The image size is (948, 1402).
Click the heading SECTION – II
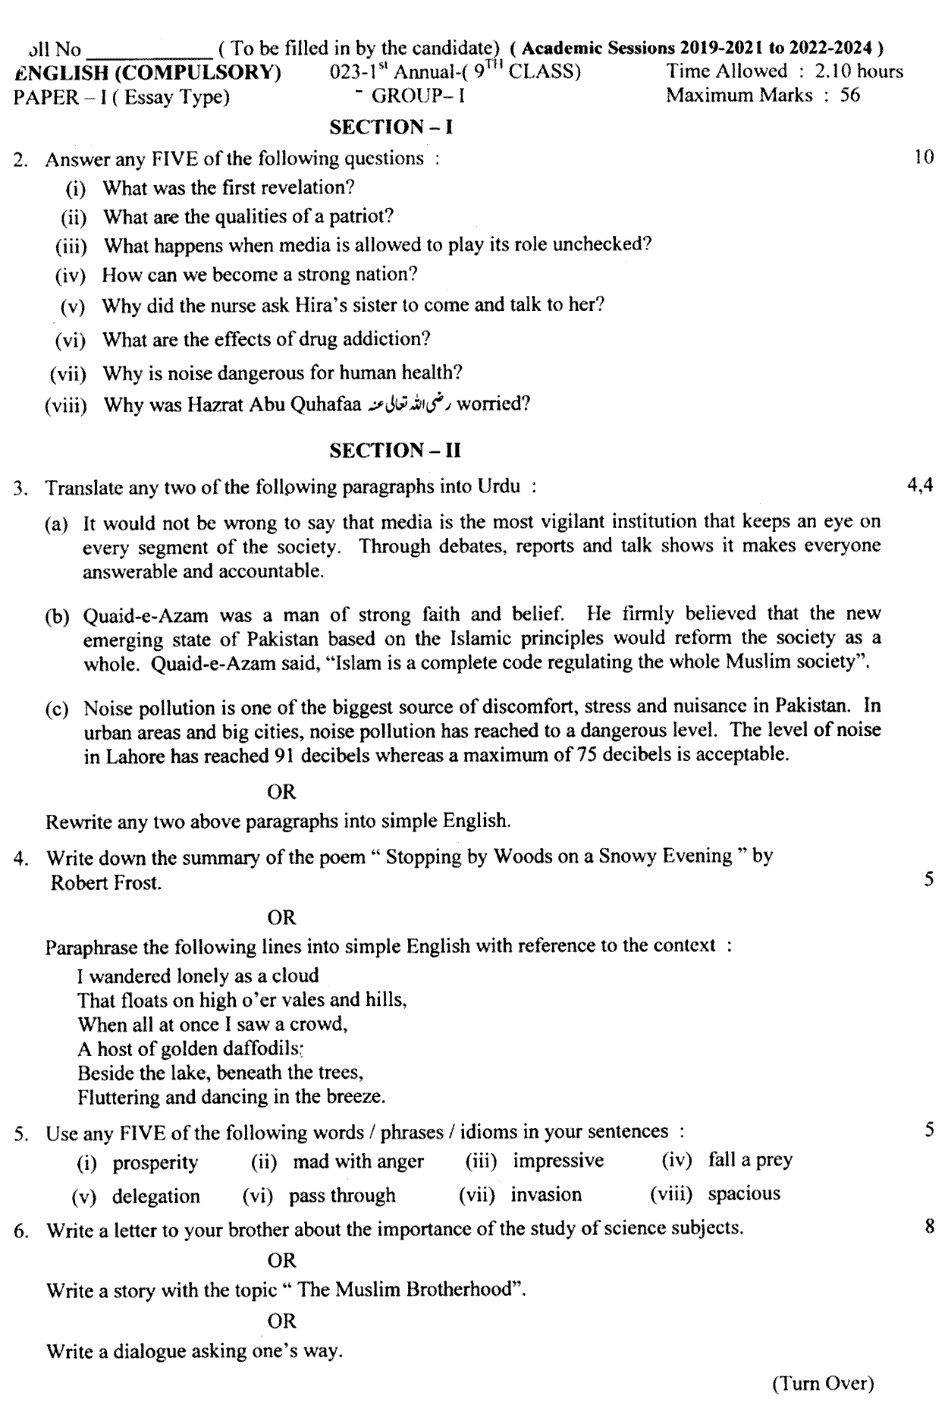(x=396, y=450)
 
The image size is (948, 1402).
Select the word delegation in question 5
(x=156, y=1196)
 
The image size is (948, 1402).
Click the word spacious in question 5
(x=744, y=1193)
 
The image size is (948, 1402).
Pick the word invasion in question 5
(x=546, y=1195)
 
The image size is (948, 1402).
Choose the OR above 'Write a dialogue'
(x=282, y=1321)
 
